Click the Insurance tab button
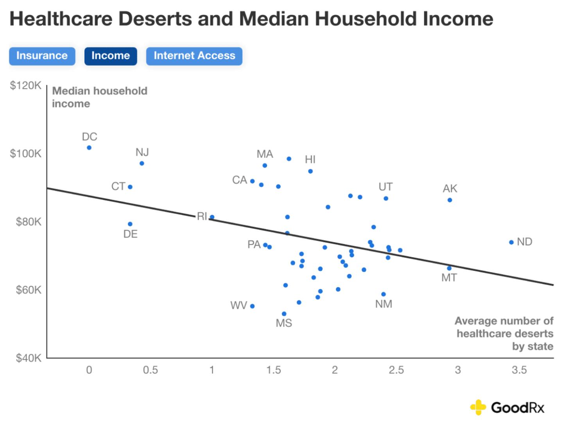[x=42, y=56]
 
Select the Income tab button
[x=111, y=56]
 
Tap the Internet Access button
[x=194, y=56]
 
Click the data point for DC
[x=89, y=148]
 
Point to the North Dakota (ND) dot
[x=511, y=242]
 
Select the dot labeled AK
[x=450, y=200]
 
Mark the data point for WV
[x=252, y=306]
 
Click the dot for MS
[x=284, y=314]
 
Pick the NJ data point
[x=142, y=163]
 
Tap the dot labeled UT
[x=386, y=198]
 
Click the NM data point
[x=384, y=294]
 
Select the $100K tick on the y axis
[x=26, y=153]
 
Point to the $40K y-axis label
[x=28, y=358]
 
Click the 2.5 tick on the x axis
[x=396, y=370]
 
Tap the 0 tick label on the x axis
[x=89, y=370]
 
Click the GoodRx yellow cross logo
[x=477, y=407]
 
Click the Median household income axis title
[x=100, y=97]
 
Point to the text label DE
[x=131, y=234]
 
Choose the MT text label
[x=449, y=278]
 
